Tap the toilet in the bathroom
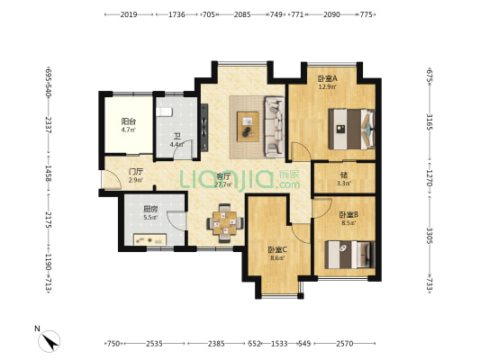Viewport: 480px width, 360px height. tap(165, 112)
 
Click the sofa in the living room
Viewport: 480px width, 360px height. tap(271, 122)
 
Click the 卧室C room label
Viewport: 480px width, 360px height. tap(276, 249)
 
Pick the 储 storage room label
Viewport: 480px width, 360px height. tap(344, 175)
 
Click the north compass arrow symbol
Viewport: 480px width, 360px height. tap(49, 340)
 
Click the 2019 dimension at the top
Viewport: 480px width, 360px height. tap(128, 15)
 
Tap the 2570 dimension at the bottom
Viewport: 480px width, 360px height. tap(347, 344)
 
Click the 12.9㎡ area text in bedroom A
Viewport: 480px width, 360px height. tap(326, 87)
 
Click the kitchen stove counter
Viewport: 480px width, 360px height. tap(148, 240)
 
